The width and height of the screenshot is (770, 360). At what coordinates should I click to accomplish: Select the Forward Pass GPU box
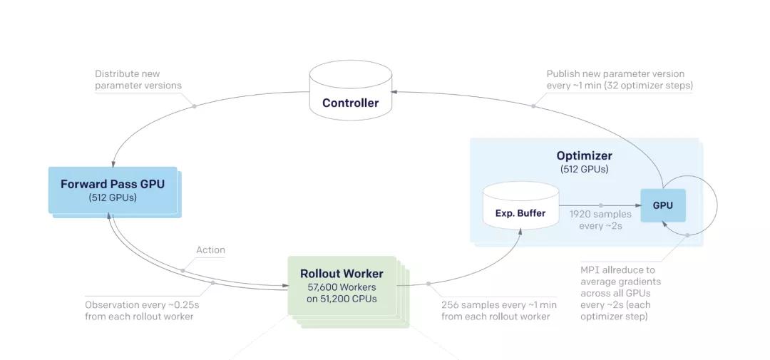[113, 190]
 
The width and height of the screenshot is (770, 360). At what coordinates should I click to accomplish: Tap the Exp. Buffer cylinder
[521, 205]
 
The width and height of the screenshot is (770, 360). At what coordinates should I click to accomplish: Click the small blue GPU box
[663, 205]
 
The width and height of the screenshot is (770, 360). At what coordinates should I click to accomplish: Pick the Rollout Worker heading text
[342, 274]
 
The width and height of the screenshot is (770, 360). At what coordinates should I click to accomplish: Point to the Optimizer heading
[585, 155]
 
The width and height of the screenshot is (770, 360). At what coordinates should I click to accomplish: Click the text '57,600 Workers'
[342, 287]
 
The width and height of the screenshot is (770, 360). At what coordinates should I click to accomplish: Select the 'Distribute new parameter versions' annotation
[138, 80]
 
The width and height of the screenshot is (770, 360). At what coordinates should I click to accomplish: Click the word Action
[210, 250]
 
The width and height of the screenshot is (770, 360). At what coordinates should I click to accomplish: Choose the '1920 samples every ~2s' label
[600, 220]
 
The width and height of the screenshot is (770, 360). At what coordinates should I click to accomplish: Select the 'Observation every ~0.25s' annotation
[145, 310]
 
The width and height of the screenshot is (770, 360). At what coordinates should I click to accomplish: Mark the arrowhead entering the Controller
[394, 91]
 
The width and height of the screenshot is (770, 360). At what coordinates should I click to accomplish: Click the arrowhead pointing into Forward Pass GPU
[113, 164]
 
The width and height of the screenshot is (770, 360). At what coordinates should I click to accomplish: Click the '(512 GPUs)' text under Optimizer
[585, 170]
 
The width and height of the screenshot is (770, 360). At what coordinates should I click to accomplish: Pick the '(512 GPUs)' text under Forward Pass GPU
[113, 198]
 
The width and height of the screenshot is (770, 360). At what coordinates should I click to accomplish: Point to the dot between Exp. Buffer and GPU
[600, 205]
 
